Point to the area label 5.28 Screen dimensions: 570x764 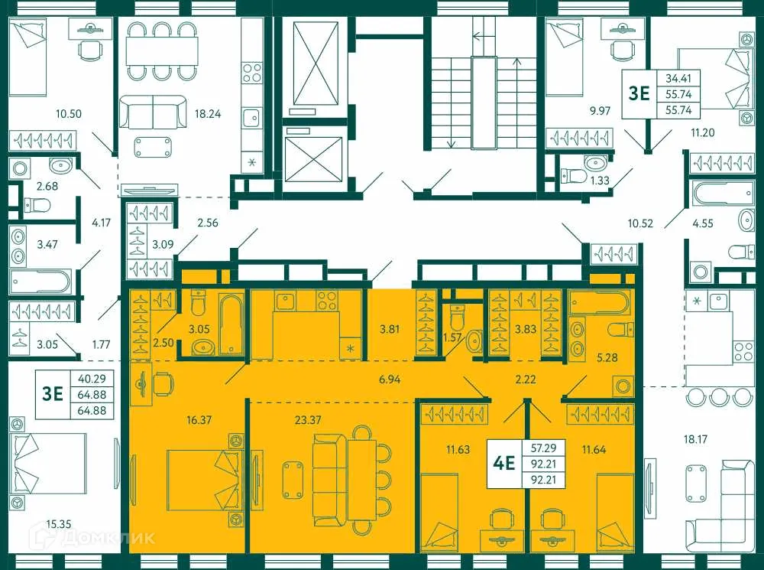point(607,356)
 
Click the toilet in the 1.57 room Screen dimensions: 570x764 point(457,316)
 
